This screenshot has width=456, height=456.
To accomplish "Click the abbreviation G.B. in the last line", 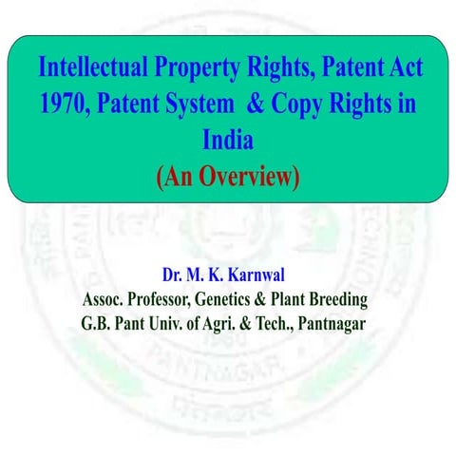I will coord(97,323).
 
